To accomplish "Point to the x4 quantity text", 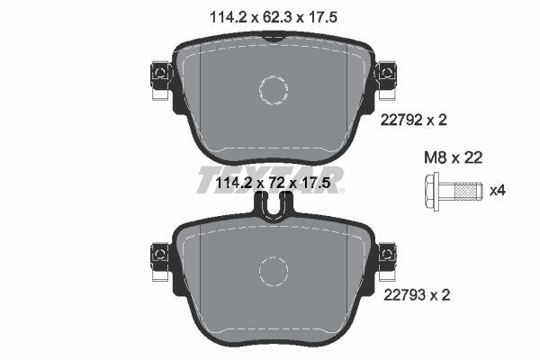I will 497,190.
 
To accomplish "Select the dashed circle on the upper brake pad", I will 273,89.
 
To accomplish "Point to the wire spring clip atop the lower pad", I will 272,209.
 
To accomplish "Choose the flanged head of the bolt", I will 429,190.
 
